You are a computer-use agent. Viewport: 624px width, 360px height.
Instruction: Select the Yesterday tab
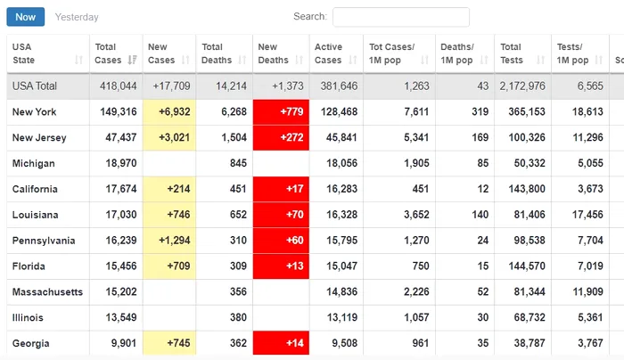tap(77, 17)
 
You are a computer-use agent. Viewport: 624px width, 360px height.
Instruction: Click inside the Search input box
tap(400, 17)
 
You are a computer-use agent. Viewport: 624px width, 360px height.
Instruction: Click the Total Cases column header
tap(107, 53)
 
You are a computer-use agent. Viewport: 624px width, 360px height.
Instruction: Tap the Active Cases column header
tap(328, 53)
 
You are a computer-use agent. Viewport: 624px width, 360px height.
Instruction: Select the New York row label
tap(35, 112)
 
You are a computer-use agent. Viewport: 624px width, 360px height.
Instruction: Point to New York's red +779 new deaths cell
tap(281, 112)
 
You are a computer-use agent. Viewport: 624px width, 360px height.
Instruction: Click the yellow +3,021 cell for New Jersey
tap(169, 138)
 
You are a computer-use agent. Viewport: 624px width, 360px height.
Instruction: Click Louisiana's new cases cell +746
tap(169, 216)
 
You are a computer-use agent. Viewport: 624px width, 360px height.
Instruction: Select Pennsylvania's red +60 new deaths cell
tap(281, 241)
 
